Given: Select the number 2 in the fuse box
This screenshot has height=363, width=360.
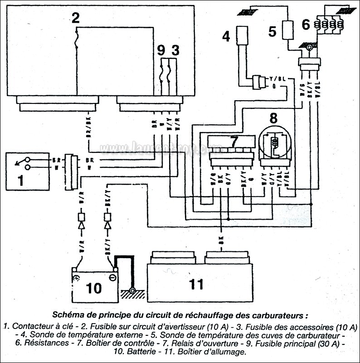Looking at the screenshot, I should click(x=75, y=18).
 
